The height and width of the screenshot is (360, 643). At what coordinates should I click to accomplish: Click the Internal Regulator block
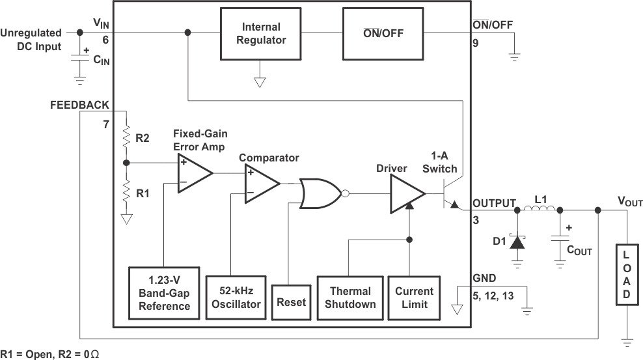pyautogui.click(x=261, y=34)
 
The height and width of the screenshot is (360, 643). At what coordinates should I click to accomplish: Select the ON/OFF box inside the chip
pyautogui.click(x=383, y=33)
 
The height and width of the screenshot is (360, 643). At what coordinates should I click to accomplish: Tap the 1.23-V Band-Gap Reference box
pyautogui.click(x=164, y=293)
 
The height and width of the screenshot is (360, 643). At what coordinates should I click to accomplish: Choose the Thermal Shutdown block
pyautogui.click(x=349, y=298)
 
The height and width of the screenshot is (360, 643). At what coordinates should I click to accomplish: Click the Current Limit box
pyautogui.click(x=414, y=298)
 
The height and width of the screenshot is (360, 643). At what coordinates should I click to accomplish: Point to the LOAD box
pyautogui.click(x=626, y=274)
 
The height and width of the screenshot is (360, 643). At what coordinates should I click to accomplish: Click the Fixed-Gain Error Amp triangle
pyautogui.click(x=193, y=173)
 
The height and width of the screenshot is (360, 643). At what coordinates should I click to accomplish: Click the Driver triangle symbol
pyautogui.click(x=405, y=193)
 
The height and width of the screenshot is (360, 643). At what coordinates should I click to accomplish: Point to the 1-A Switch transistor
pyautogui.click(x=450, y=195)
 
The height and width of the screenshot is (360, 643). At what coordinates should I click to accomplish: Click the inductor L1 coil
pyautogui.click(x=540, y=210)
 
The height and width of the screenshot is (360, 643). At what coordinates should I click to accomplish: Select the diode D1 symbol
pyautogui.click(x=517, y=242)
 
